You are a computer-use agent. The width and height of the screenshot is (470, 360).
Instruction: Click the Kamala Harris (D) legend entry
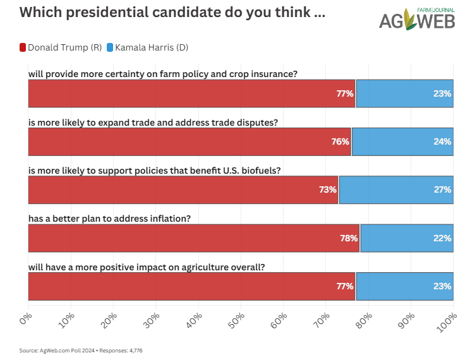pyautogui.click(x=147, y=47)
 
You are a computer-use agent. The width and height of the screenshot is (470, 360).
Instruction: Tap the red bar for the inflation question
pyautogui.click(x=190, y=238)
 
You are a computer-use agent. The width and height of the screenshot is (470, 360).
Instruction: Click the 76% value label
pyautogui.click(x=340, y=141)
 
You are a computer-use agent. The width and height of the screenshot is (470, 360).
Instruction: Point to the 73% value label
pyautogui.click(x=328, y=189)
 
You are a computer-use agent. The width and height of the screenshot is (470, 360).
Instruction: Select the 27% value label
pyautogui.click(x=442, y=189)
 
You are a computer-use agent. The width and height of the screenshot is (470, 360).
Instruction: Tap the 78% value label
pyautogui.click(x=349, y=238)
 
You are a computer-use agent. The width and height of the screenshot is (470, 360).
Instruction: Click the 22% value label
pyautogui.click(x=442, y=238)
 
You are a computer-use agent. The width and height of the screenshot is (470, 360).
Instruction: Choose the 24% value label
pyautogui.click(x=442, y=141)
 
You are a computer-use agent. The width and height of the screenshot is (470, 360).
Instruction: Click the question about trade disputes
pyautogui.click(x=154, y=122)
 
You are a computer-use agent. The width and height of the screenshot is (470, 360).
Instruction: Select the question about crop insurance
pyautogui.click(x=163, y=74)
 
